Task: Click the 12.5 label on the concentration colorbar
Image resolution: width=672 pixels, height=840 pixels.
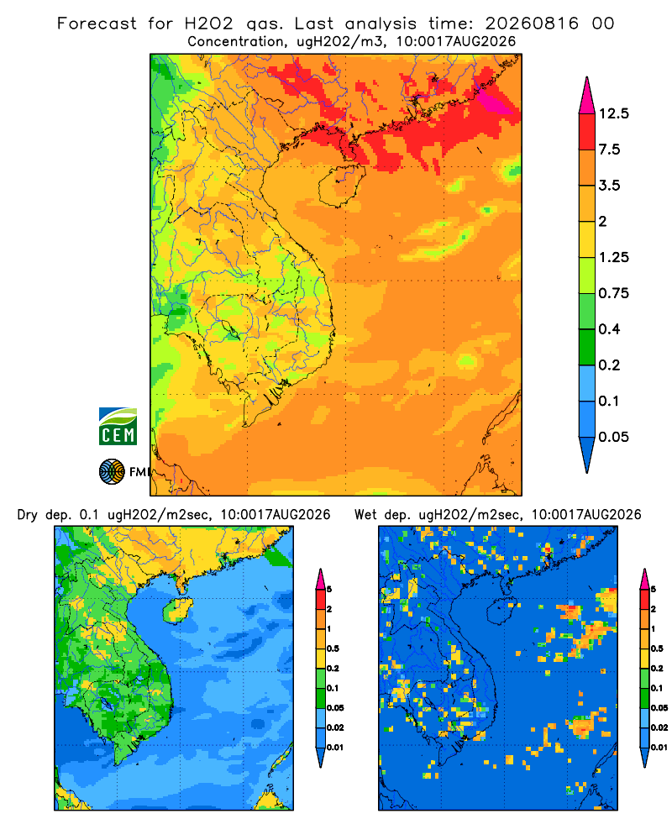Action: point(613,113)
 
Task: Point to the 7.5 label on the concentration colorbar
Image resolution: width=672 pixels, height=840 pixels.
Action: point(609,150)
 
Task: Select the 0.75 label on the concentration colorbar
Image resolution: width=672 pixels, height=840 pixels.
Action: point(613,293)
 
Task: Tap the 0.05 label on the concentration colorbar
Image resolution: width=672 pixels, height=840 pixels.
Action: point(613,437)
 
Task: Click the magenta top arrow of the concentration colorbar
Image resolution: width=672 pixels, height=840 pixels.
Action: point(587,96)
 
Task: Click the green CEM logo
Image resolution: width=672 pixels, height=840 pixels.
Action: point(118,427)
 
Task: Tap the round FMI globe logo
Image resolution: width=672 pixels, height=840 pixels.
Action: point(112,472)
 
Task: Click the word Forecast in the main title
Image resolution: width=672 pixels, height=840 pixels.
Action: point(97,24)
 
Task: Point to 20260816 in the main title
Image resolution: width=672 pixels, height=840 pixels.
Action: point(532,24)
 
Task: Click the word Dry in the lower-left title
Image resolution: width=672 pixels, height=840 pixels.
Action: point(28,516)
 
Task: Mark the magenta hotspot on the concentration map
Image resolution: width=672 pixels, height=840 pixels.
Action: point(494,102)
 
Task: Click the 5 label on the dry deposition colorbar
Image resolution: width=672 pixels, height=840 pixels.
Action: point(329,590)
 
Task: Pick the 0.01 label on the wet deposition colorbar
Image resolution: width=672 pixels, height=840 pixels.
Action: point(659,748)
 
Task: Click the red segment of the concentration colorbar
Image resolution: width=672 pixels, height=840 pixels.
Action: point(587,132)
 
